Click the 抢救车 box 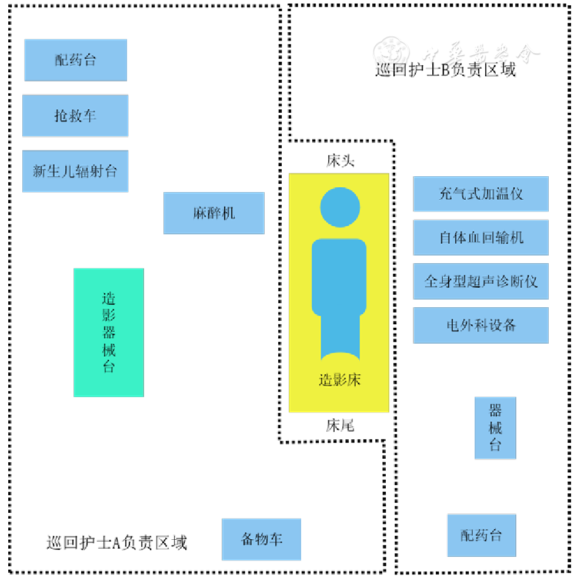(75, 116)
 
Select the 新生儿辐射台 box (75, 171)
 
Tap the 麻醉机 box (213, 213)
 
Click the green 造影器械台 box (109, 332)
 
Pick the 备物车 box (261, 539)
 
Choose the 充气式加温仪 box (480, 194)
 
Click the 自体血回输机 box (480, 237)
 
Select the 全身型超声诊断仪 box (480, 281)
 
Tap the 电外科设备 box (480, 325)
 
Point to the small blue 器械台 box (495, 428)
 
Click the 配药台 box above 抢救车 (75, 60)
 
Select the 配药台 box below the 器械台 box (481, 535)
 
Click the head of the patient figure (340, 207)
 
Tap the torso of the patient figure (339, 276)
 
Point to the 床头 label (341, 161)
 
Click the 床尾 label (340, 425)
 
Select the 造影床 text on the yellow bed (339, 380)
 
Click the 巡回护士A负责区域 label (116, 542)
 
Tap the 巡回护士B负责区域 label (445, 70)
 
